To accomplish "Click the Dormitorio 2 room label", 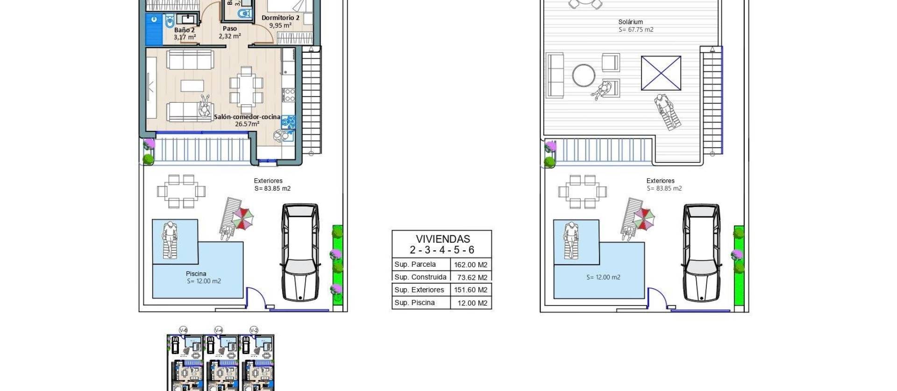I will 280,18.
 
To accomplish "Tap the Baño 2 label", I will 184,30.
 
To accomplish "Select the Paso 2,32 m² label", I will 229,32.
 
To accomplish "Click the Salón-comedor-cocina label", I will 247,117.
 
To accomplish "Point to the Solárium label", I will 630,22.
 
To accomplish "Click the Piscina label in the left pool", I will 196,274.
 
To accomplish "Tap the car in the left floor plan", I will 300,252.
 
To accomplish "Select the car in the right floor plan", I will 701,252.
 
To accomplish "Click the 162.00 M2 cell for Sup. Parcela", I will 470,264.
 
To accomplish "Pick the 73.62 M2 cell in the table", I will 472,277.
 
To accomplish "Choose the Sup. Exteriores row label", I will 419,290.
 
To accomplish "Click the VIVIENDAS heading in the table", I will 442,239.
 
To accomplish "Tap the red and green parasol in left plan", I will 243,218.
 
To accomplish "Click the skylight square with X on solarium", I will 661,73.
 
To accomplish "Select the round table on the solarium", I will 584,75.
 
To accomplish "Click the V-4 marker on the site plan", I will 218,330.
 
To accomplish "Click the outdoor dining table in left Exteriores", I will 181,191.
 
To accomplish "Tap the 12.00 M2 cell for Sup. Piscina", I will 472,303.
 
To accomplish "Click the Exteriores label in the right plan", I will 660,181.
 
